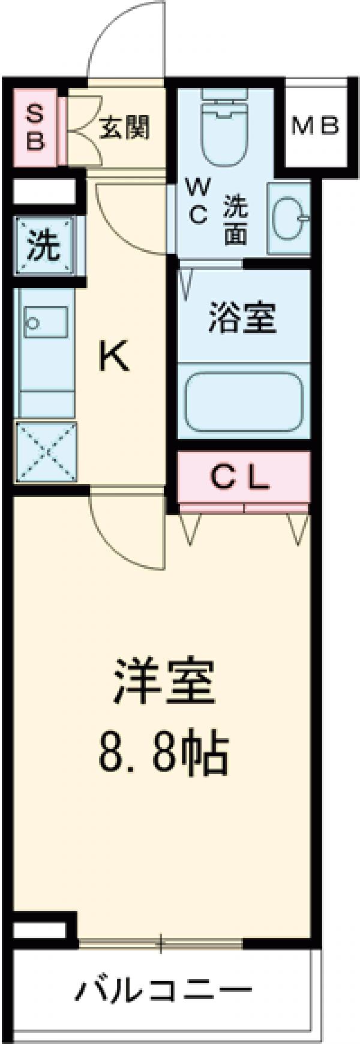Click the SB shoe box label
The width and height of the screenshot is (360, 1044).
click(35, 127)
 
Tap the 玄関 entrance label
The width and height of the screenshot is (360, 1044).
click(124, 127)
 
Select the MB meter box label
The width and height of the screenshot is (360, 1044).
click(316, 126)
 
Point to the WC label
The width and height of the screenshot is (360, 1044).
click(199, 202)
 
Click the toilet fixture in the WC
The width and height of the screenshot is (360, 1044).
click(225, 129)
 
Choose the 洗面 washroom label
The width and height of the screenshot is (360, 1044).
click(236, 219)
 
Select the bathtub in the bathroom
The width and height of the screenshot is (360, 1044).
click(243, 401)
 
